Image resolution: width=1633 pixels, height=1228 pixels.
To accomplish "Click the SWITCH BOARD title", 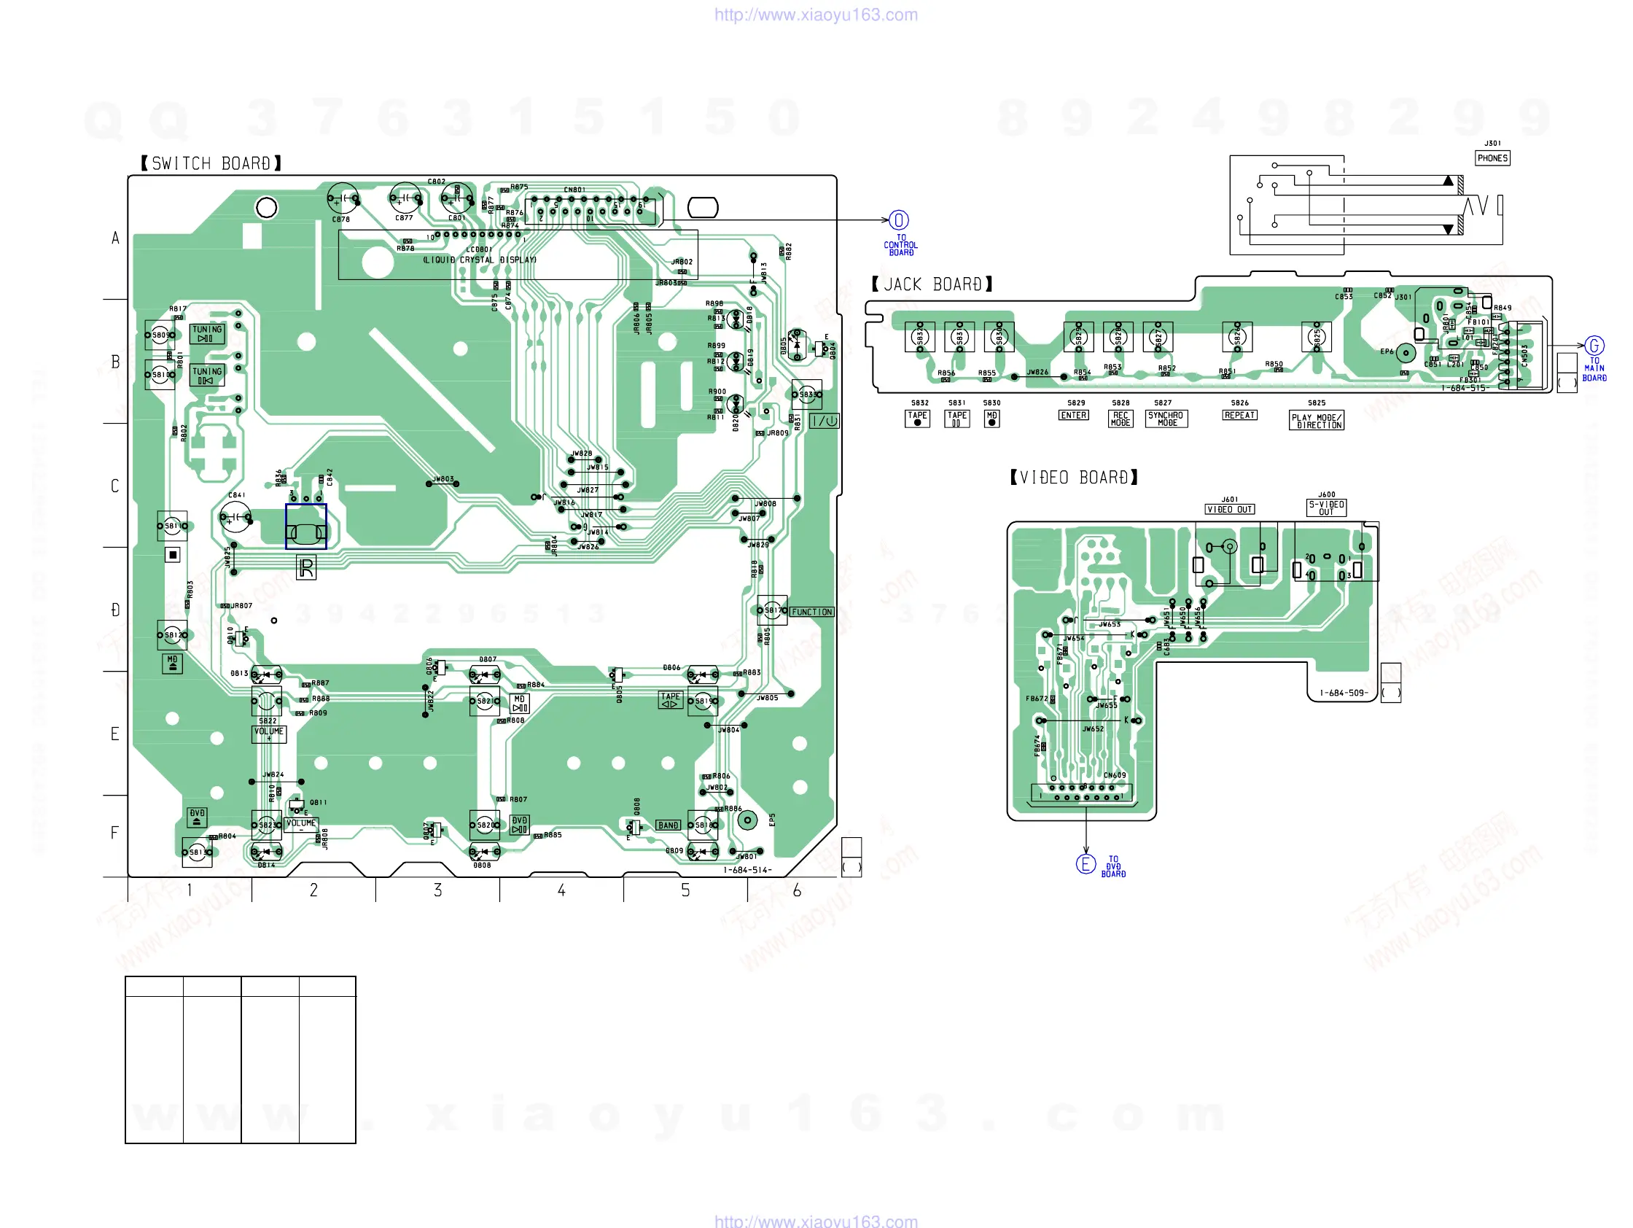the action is (211, 163).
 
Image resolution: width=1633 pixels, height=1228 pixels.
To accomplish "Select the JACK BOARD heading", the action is (932, 285).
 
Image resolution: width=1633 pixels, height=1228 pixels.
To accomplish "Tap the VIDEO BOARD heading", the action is (1073, 478).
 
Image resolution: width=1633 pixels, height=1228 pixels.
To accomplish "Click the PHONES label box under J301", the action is (1492, 158).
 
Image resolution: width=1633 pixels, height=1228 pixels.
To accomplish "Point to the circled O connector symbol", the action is (898, 220).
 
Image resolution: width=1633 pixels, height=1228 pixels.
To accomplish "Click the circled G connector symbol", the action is (1594, 346).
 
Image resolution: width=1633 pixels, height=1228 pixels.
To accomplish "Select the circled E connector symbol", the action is (1086, 864).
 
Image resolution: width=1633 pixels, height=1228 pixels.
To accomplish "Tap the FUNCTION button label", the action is (811, 612).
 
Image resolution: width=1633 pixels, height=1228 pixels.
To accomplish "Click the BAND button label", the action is (668, 825).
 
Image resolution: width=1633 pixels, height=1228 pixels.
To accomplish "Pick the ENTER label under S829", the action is (1073, 416).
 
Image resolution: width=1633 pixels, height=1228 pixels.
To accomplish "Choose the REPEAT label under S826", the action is (1239, 416).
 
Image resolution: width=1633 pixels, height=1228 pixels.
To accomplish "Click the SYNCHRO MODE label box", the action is (1166, 419).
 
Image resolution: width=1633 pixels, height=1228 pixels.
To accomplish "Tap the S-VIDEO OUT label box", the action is (1326, 508).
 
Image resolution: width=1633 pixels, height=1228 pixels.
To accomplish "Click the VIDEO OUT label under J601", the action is (1229, 510).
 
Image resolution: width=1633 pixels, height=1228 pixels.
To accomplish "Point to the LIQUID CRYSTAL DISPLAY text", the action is (480, 260).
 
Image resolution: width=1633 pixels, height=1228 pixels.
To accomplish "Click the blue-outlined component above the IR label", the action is (305, 526).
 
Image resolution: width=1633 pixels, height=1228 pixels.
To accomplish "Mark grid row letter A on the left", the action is (115, 238).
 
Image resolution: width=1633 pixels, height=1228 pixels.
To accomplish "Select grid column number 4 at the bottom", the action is (561, 890).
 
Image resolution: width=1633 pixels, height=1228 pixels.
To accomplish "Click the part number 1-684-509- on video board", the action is (1343, 693).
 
